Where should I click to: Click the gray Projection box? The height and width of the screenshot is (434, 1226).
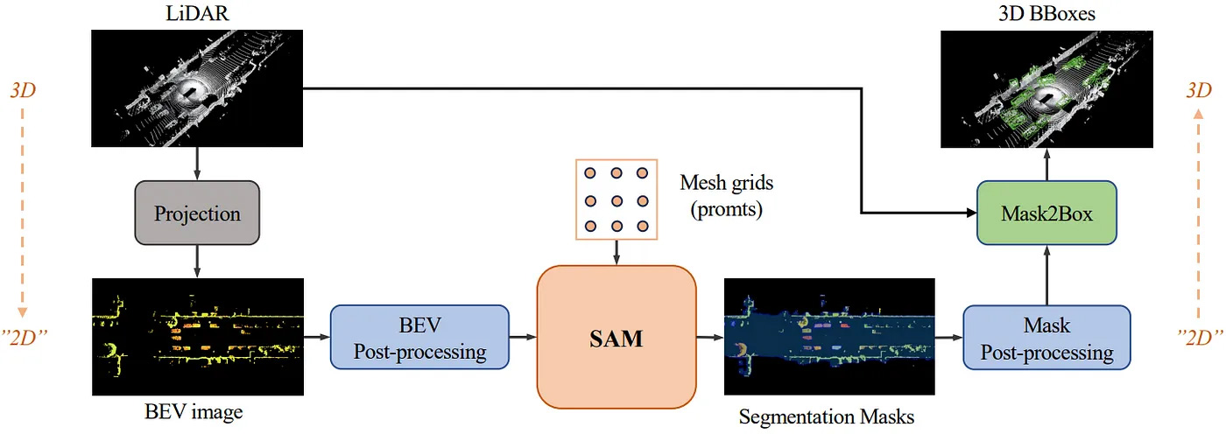click(x=197, y=213)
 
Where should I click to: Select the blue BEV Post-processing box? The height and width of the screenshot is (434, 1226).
click(x=419, y=337)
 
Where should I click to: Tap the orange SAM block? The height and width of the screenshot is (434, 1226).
click(x=617, y=337)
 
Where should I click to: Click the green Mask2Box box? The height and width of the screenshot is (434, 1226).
click(x=1046, y=213)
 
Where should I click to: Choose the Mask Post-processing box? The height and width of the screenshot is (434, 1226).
click(x=1046, y=338)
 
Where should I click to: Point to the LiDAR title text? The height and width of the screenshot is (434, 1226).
click(x=197, y=13)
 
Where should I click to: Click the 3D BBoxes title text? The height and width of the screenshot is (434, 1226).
click(x=1046, y=13)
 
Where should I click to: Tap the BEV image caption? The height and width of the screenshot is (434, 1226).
click(x=194, y=411)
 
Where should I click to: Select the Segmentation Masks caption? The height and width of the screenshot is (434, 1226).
click(x=827, y=416)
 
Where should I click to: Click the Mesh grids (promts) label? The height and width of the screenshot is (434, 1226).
click(x=726, y=196)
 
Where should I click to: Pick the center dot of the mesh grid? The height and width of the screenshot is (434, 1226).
click(x=617, y=200)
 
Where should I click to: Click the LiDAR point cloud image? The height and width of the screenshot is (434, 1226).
click(x=197, y=88)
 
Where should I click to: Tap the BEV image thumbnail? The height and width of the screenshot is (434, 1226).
click(x=198, y=337)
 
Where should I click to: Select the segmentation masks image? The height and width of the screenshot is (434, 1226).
click(x=829, y=337)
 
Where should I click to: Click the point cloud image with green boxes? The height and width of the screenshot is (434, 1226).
click(x=1046, y=89)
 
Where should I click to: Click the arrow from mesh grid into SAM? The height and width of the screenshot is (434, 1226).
click(x=617, y=253)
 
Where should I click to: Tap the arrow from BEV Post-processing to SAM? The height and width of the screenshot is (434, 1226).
click(x=523, y=337)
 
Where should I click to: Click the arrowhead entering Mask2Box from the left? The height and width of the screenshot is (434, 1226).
click(x=971, y=213)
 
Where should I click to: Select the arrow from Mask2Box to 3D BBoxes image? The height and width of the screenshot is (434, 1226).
click(x=1046, y=164)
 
